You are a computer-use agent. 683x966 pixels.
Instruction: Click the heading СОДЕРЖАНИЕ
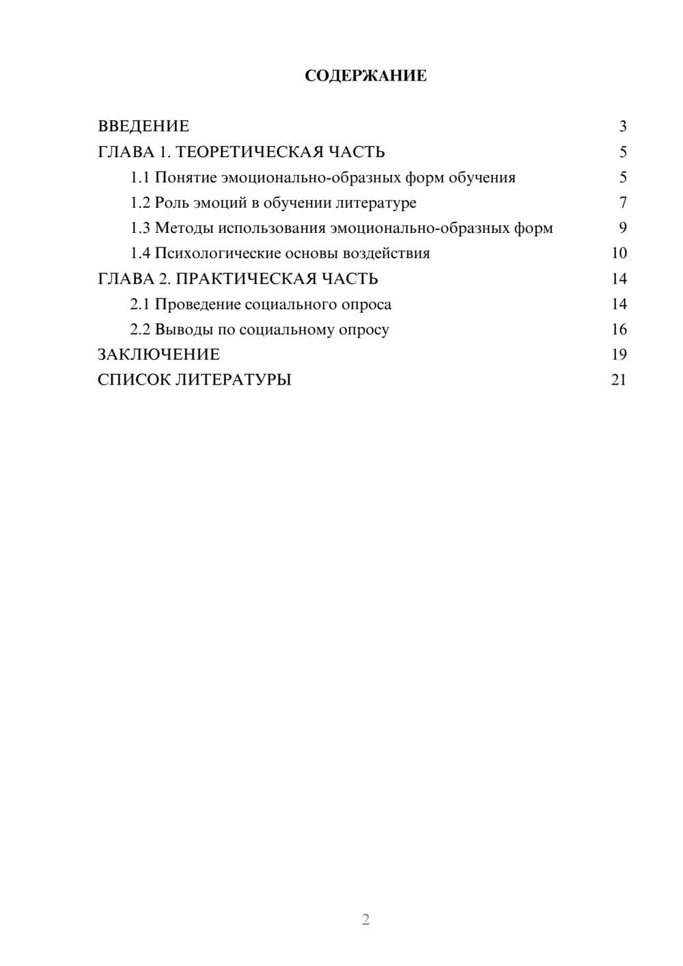click(365, 76)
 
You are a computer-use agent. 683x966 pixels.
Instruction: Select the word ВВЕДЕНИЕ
click(143, 126)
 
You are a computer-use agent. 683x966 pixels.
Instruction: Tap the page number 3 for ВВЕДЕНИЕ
click(623, 126)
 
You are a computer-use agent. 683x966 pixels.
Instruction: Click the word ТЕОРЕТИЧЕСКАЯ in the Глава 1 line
click(249, 152)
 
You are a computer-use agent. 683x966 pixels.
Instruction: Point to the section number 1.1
click(140, 178)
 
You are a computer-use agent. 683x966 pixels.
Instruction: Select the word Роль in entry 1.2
click(170, 203)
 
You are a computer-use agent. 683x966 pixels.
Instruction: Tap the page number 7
click(623, 203)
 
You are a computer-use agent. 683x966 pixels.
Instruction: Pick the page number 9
click(623, 228)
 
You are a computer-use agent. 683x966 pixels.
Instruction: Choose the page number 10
click(619, 253)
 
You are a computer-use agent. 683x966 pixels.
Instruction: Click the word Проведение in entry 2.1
click(197, 304)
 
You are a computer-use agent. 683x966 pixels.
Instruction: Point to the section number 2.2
click(140, 329)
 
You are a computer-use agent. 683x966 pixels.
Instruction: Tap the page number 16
click(619, 329)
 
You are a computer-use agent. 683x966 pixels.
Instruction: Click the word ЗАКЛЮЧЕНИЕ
click(158, 355)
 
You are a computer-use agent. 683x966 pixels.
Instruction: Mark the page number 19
click(619, 355)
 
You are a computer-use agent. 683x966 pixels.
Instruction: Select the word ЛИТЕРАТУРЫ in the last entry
click(234, 380)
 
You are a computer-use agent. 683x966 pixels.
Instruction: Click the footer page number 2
click(365, 920)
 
